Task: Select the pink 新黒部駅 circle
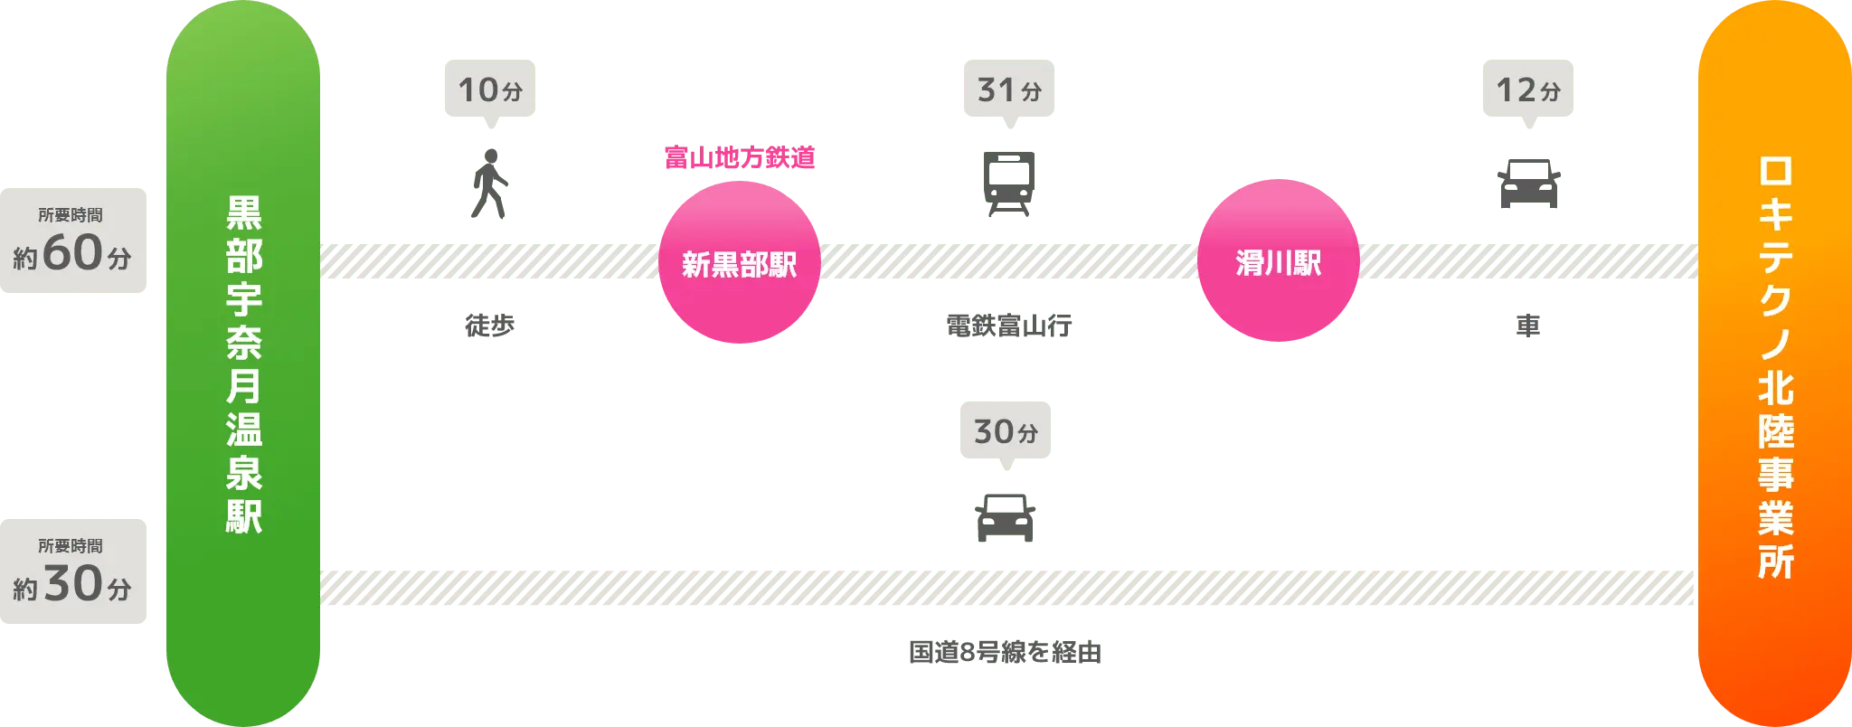(739, 263)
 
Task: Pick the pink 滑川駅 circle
(1278, 261)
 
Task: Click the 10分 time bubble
(488, 90)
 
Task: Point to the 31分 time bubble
(1008, 90)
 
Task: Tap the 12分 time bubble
(1528, 90)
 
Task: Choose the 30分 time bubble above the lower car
(1005, 431)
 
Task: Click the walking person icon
(489, 185)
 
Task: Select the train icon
(1008, 184)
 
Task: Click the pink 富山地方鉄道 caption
(740, 159)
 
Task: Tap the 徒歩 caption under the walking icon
(488, 326)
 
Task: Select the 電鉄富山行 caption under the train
(1008, 326)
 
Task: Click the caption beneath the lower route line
(1005, 653)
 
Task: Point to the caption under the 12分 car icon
(1527, 326)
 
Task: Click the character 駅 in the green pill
(244, 516)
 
